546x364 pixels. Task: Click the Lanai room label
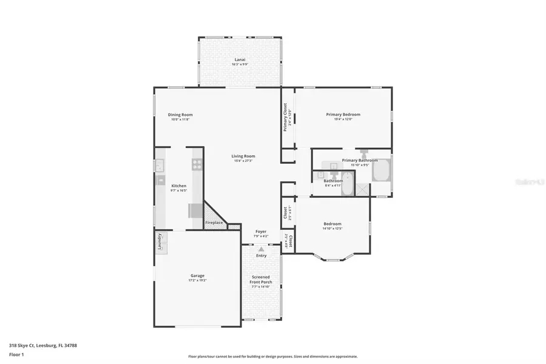coord(240,59)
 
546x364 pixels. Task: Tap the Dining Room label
coord(180,115)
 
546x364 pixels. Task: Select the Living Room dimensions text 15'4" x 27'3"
coord(243,161)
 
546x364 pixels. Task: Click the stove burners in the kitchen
coord(197,163)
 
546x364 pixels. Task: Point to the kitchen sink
coord(160,164)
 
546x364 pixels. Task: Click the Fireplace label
coord(214,223)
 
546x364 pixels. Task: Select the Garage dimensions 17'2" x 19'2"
coord(197,280)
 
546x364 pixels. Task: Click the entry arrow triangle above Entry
coord(261,249)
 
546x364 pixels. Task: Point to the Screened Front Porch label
coord(261,280)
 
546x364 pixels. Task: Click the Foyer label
coord(261,231)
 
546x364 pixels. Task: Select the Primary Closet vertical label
coord(285,117)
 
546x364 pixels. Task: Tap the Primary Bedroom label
coord(343,115)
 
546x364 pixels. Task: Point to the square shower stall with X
coord(362,189)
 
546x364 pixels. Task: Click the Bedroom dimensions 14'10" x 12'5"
coord(332,229)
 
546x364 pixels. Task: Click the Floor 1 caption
coord(17,355)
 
